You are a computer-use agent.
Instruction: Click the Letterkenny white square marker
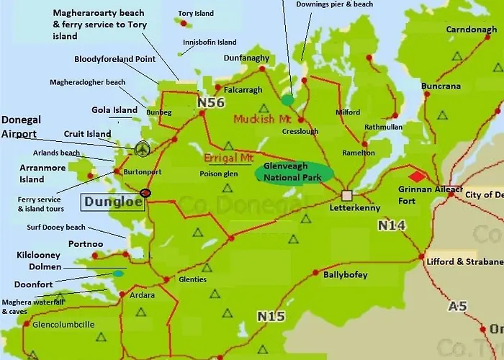[x=347, y=195]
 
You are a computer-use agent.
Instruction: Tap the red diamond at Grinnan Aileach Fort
[x=417, y=176]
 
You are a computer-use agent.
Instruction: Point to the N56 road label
[x=211, y=104]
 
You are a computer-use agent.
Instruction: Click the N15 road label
[x=271, y=317]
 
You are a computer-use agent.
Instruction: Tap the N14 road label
[x=392, y=226]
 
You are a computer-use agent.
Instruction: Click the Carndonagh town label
[x=471, y=30]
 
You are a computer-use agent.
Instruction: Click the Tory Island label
[x=195, y=14]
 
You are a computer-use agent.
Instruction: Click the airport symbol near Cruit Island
[x=143, y=148]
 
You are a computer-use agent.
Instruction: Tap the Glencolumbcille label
[x=63, y=325]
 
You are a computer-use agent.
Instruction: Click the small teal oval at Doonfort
[x=117, y=274]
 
